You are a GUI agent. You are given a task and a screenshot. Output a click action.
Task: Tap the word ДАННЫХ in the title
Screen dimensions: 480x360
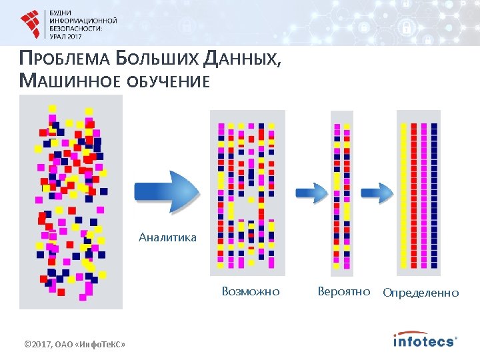[241, 60]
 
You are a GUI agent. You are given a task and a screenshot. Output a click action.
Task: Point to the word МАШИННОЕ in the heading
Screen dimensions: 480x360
[64, 81]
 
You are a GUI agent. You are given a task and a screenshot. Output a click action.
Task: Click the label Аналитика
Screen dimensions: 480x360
[167, 237]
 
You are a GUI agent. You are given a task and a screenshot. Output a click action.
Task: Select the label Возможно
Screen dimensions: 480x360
[251, 291]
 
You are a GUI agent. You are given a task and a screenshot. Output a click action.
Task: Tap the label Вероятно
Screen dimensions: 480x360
[344, 291]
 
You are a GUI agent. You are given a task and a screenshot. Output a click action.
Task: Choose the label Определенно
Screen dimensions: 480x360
[421, 292]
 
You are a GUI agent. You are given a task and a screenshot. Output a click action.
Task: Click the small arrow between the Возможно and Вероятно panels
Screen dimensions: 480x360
[311, 193]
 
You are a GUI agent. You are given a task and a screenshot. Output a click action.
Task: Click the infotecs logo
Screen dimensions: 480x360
[425, 340]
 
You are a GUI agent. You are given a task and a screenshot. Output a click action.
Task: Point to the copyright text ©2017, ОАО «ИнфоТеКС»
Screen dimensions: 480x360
[75, 344]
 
